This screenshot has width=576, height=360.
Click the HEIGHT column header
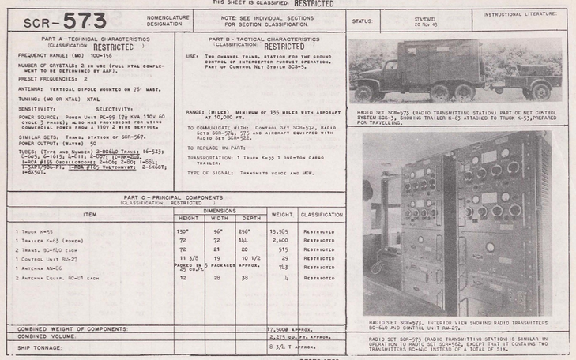click(x=188, y=217)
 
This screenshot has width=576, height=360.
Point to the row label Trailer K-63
click(x=38, y=240)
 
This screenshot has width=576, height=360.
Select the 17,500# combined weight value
click(x=281, y=328)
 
